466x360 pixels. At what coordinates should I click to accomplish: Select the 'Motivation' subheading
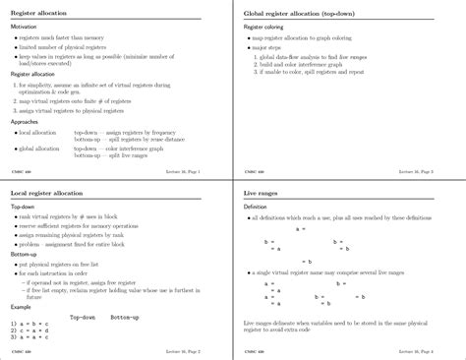pyautogui.click(x=25, y=28)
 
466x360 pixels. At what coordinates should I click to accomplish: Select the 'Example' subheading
pyautogui.click(x=22, y=305)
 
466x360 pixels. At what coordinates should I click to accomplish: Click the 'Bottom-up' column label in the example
pyautogui.click(x=125, y=316)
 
